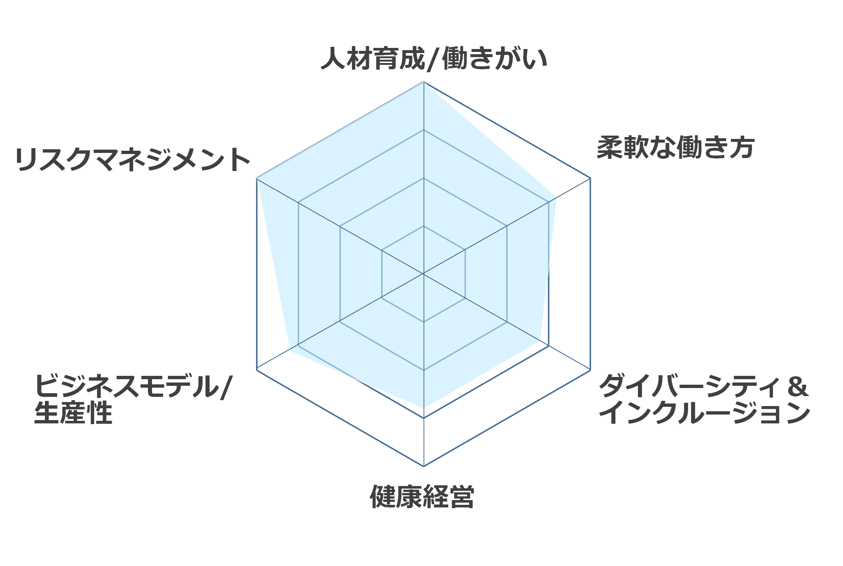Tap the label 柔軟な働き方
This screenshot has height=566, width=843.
click(x=676, y=147)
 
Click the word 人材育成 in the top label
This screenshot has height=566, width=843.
click(x=373, y=58)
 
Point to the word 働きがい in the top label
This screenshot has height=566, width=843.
click(x=494, y=58)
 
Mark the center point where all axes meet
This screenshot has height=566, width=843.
click(x=424, y=274)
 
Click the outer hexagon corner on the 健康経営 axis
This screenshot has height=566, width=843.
click(x=424, y=466)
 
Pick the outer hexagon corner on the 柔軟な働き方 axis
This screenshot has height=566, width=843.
click(x=590, y=178)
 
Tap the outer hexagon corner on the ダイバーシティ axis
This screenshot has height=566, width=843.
click(x=590, y=370)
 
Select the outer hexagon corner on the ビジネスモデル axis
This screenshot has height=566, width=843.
click(x=257, y=370)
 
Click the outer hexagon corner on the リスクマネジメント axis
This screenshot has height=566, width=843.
click(x=257, y=178)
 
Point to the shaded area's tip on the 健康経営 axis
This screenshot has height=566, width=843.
click(x=424, y=408)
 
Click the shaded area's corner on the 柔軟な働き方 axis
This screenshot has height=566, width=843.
click(x=556, y=198)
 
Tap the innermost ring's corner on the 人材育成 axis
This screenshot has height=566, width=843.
click(x=424, y=226)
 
